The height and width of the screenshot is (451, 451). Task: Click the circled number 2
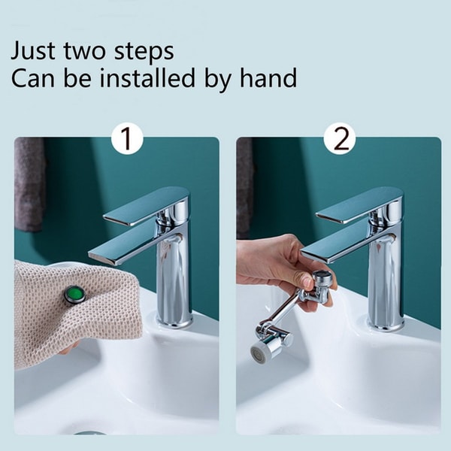339,141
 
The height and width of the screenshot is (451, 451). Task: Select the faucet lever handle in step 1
147,207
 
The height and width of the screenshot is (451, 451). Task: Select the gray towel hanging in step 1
29,184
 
